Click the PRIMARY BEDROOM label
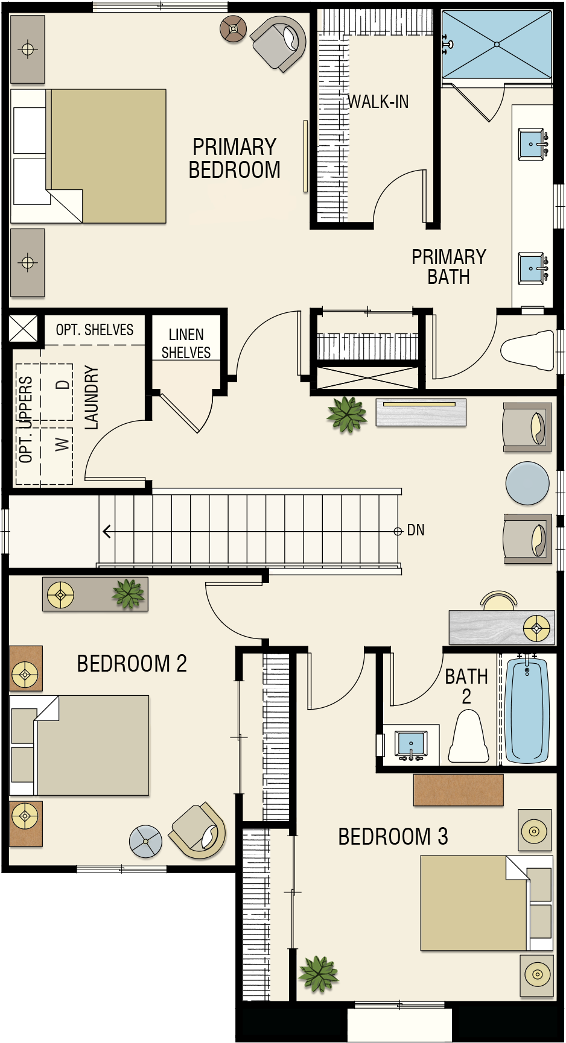coord(235,159)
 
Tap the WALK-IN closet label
coord(378,102)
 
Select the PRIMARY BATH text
coord(449,266)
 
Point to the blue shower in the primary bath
coord(497,45)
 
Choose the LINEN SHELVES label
coord(186,344)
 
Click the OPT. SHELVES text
coord(95,330)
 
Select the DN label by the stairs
coord(416,530)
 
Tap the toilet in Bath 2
coord(468,736)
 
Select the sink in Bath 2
coord(411,743)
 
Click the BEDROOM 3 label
coord(393,837)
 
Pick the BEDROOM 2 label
coord(132,664)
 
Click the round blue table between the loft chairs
coord(527,483)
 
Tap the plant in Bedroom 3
coord(318,973)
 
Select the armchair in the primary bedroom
coord(278,43)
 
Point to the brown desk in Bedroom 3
coord(459,790)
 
